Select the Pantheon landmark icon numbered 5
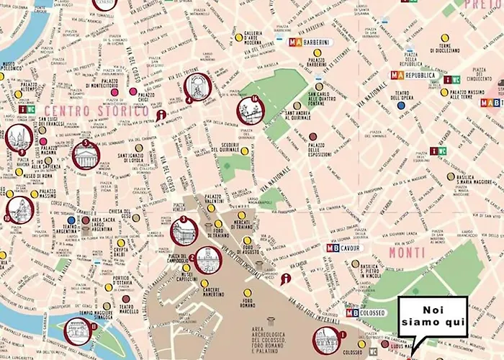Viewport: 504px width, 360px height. pyautogui.click(x=86, y=155)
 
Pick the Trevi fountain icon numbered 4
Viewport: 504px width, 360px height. pyautogui.click(x=197, y=87)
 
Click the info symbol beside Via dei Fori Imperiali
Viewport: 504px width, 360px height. pyautogui.click(x=287, y=279)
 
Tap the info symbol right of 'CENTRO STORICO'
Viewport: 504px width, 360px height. pyautogui.click(x=161, y=114)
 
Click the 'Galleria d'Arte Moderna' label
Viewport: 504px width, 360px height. pyautogui.click(x=251, y=37)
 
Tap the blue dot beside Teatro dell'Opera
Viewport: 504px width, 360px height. pyautogui.click(x=401, y=105)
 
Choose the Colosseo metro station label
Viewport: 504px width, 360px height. pyautogui.click(x=366, y=313)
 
